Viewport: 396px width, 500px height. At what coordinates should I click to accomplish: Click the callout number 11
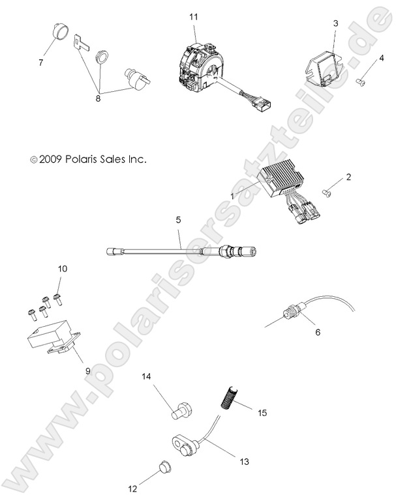(x=193, y=16)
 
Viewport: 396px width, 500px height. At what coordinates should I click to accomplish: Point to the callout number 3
(x=335, y=23)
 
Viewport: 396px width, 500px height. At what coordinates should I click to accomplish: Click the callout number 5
(x=179, y=221)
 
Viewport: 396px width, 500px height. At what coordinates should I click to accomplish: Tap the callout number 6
(x=318, y=331)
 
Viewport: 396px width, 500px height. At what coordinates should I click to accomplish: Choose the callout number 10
(x=63, y=268)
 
